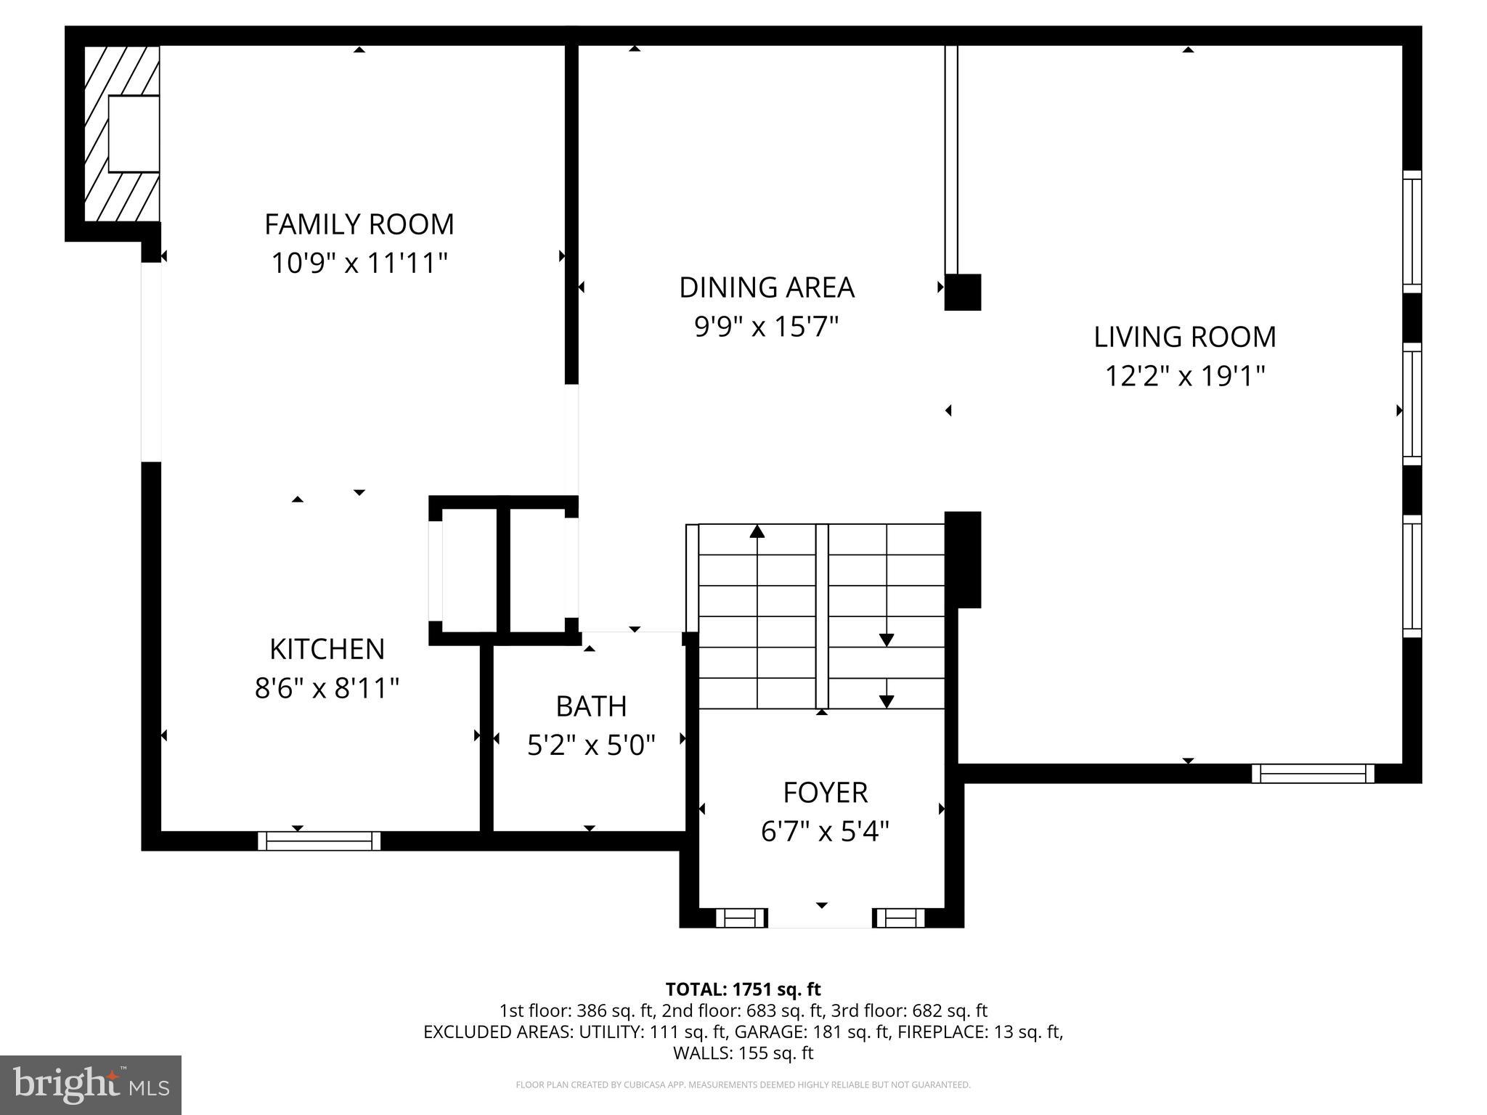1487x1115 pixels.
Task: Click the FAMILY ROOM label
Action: click(359, 224)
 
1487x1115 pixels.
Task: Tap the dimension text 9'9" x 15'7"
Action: click(766, 327)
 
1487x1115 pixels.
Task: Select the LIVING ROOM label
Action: click(1184, 337)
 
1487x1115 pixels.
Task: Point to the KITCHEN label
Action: click(327, 649)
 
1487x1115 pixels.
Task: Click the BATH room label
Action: click(591, 706)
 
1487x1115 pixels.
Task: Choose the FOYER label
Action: click(825, 793)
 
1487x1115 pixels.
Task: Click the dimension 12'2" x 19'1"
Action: click(1184, 376)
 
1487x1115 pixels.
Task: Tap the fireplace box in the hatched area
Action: click(134, 134)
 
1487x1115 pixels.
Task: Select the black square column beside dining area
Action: click(963, 292)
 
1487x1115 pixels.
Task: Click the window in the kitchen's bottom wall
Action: click(319, 841)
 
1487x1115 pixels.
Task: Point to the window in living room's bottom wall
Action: click(1313, 774)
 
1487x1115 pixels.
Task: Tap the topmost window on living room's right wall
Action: click(1411, 232)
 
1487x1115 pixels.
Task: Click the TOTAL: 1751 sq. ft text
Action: click(743, 989)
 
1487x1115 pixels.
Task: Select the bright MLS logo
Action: click(91, 1085)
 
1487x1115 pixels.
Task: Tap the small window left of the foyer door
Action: click(741, 918)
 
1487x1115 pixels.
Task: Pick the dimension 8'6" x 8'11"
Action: click(327, 687)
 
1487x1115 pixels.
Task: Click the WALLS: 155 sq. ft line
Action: click(743, 1053)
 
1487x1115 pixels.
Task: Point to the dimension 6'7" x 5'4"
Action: click(825, 831)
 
